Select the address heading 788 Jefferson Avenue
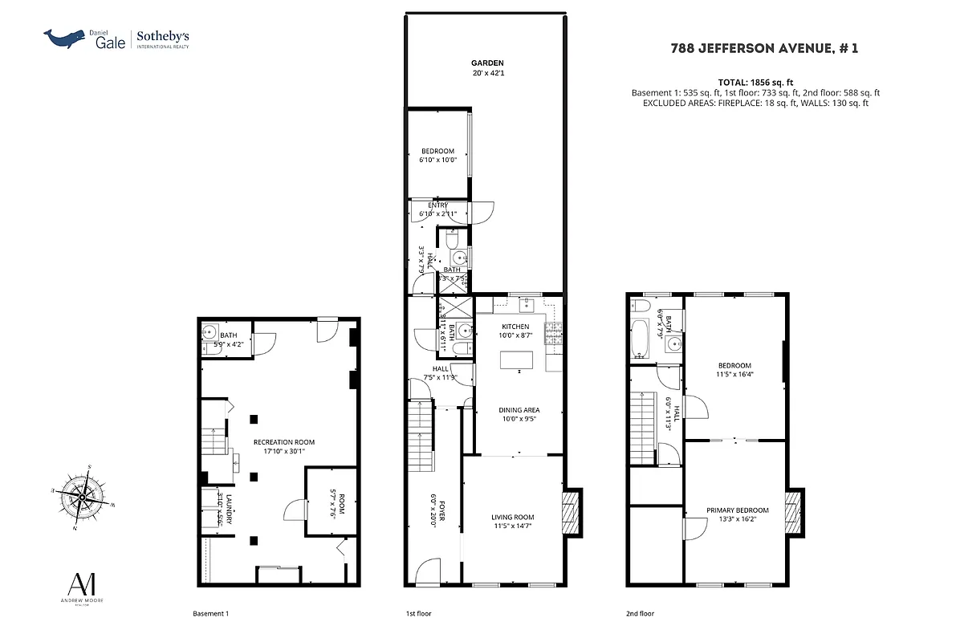click(x=764, y=48)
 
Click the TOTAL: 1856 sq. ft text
click(x=756, y=83)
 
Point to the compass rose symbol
click(x=82, y=498)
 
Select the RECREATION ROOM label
click(x=283, y=442)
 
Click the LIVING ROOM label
click(x=513, y=517)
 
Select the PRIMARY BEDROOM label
click(x=737, y=510)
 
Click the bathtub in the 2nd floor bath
click(x=640, y=339)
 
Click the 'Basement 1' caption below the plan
click(x=211, y=614)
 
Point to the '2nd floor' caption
click(x=640, y=614)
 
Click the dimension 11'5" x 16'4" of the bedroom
click(x=734, y=374)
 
